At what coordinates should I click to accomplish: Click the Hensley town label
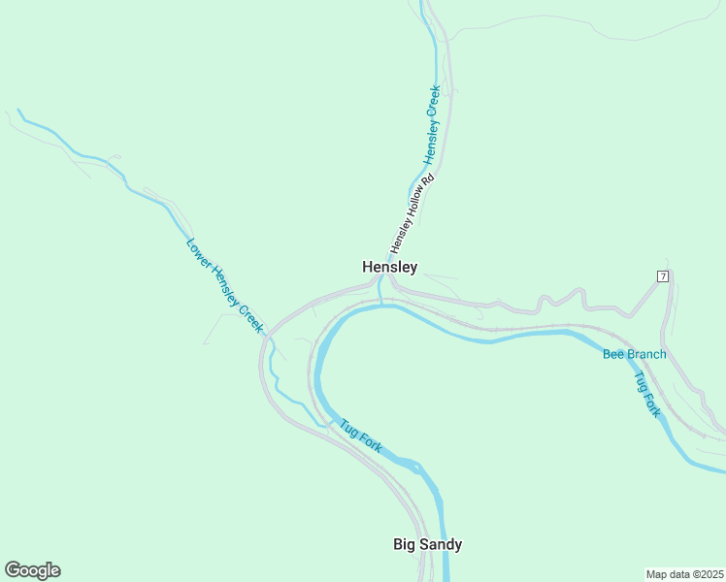[389, 267]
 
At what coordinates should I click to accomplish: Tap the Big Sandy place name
[427, 544]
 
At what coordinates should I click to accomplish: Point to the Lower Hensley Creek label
[224, 286]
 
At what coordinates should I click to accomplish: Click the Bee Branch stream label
[634, 354]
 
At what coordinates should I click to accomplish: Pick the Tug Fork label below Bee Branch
[647, 394]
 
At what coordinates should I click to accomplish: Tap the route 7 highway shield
[663, 276]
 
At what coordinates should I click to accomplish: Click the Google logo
[32, 570]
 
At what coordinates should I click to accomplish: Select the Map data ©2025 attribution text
[685, 574]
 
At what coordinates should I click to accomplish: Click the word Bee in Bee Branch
[613, 354]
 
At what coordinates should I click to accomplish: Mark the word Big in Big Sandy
[404, 544]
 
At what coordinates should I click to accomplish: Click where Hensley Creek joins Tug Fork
[381, 303]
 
